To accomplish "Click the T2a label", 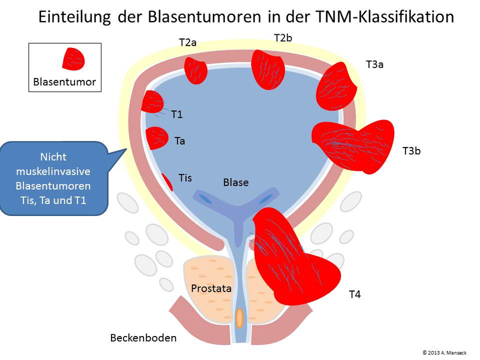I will click(x=188, y=43).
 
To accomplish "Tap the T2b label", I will click(x=283, y=38).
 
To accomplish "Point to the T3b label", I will click(x=411, y=151).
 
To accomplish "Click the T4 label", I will click(x=355, y=295).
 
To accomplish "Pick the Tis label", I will click(x=185, y=178).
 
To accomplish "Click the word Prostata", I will click(x=211, y=289).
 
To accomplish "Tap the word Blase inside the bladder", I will click(x=236, y=182).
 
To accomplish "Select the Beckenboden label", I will click(x=143, y=338).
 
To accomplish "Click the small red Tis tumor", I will click(x=167, y=181).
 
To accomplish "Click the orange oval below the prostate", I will click(x=239, y=317).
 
